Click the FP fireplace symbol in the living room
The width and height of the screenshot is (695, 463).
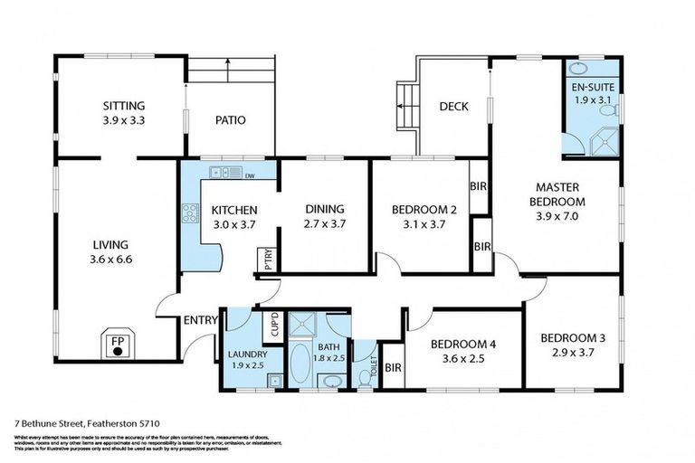(x=117, y=345)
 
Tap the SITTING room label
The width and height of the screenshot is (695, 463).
(x=124, y=106)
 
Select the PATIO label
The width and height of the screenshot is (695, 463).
(x=230, y=120)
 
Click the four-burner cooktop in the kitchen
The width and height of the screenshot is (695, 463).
(x=190, y=213)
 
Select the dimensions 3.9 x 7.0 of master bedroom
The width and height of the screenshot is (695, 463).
(x=557, y=216)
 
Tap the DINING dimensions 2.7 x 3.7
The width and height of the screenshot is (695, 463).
(x=324, y=223)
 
